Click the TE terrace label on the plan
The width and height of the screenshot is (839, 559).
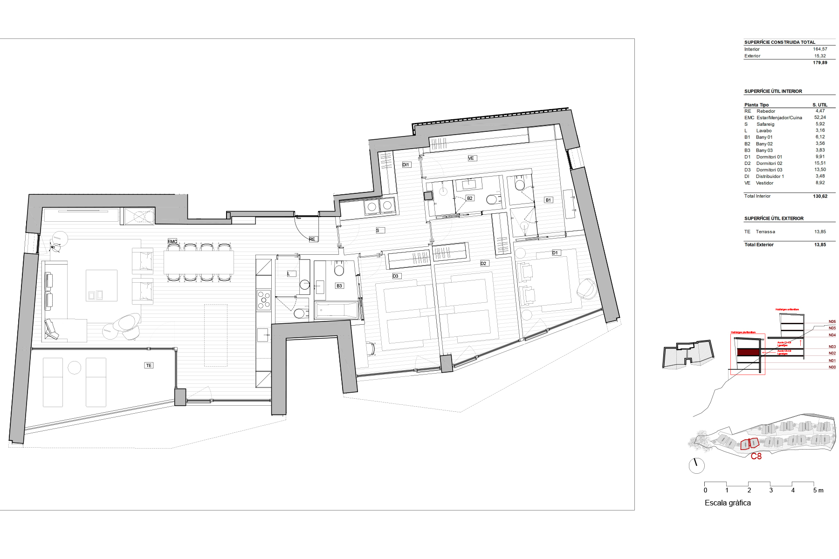(x=149, y=365)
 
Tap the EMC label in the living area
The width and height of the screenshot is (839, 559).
(x=172, y=241)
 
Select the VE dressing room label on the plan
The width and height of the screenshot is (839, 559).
(x=471, y=158)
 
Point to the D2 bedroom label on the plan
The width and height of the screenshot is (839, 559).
(x=483, y=264)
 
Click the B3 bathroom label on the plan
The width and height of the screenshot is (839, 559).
(x=339, y=286)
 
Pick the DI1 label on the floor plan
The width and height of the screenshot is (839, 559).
(x=406, y=165)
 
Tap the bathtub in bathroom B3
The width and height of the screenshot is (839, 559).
(x=337, y=310)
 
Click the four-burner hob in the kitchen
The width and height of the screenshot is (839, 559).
(x=264, y=300)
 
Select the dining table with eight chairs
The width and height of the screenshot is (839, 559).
(x=199, y=262)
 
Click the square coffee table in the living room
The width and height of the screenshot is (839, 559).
(x=102, y=285)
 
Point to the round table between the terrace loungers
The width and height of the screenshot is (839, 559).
(x=75, y=368)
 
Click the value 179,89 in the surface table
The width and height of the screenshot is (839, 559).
(x=820, y=63)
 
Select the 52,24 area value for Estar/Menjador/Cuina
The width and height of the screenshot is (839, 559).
(x=820, y=117)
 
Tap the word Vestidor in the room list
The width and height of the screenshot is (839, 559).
(x=764, y=183)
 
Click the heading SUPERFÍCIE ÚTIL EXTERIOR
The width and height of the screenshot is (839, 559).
(x=774, y=218)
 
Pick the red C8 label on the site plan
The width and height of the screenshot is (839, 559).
(x=756, y=457)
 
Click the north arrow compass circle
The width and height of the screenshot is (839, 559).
(x=697, y=465)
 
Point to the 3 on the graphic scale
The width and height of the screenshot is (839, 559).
(x=771, y=491)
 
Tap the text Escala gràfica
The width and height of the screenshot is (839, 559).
(x=728, y=503)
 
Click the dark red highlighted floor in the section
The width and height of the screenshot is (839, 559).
(x=748, y=353)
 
